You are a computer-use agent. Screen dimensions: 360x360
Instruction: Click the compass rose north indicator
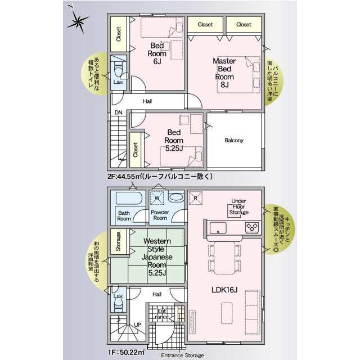coord(78,21)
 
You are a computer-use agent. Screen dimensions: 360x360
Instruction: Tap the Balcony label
coord(234,140)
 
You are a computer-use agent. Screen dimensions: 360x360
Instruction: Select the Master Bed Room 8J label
coord(224,73)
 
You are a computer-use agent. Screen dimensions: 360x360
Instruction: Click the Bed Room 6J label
coord(157,53)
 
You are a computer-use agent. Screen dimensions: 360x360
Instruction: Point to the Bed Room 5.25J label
coord(174,140)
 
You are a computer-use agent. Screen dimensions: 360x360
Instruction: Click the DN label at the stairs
coord(118,112)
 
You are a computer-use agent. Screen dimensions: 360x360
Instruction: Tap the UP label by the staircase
coord(137,325)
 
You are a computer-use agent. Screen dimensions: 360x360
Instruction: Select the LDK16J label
coord(224,290)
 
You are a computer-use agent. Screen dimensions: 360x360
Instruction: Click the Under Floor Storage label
coord(238,206)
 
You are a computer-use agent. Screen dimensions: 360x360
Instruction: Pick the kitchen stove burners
coord(252,227)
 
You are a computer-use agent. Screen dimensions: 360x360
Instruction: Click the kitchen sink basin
coord(218,228)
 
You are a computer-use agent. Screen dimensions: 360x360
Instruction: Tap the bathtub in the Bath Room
coord(129,198)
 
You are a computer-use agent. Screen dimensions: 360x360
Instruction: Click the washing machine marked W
coord(157,197)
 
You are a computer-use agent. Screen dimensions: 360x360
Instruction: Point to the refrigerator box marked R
coord(196,198)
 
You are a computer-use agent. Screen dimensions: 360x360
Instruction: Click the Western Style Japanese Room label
coord(157,257)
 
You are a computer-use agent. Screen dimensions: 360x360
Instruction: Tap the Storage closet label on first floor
coord(118,241)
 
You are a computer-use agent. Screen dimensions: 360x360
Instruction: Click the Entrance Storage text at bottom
coord(182,355)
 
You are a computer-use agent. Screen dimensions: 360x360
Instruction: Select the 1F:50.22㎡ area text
coord(126,352)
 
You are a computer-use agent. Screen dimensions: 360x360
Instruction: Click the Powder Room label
coord(160,215)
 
